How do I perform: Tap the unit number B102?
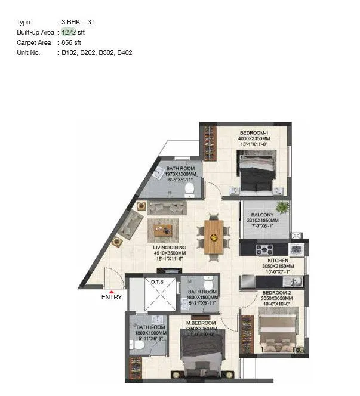pos(69,52)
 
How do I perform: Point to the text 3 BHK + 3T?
pos(78,22)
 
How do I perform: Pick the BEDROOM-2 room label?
pos(275,293)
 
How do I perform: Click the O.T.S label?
pos(158,281)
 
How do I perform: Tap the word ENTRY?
pos(112,297)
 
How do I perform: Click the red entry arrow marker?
pos(111,290)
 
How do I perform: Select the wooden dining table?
pos(214,237)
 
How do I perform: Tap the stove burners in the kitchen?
pos(264,249)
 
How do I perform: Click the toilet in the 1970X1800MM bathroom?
pos(190,190)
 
